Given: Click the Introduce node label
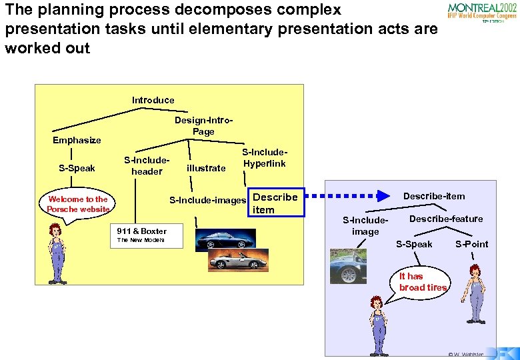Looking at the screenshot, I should click(153, 100).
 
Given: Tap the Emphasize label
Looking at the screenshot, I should click(77, 140).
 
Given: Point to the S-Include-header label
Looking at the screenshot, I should click(147, 166).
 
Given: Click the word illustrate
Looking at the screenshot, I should click(206, 168).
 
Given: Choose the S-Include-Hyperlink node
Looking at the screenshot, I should click(264, 158).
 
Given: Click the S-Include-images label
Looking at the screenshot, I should click(208, 199).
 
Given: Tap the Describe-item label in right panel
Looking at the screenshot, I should click(434, 195).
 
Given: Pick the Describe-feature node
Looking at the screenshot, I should click(446, 219).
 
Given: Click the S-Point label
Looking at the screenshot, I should click(471, 244).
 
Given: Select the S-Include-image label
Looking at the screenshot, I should click(365, 225).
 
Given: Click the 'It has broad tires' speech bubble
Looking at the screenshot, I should click(422, 281).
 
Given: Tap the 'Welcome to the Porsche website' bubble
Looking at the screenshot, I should click(77, 204).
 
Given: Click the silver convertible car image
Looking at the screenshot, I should click(238, 259).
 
